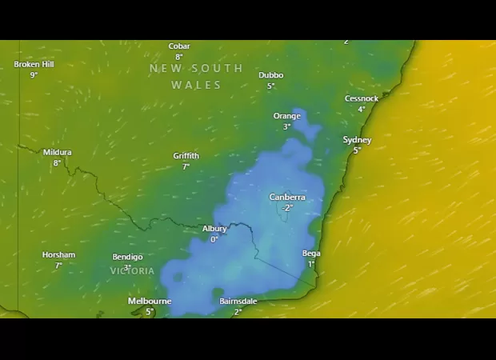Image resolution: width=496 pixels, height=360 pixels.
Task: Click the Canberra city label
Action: click(287, 197)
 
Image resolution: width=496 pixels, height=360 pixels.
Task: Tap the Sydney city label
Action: click(357, 140)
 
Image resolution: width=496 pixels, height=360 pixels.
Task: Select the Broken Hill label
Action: click(34, 64)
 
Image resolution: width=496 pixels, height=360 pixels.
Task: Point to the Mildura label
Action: click(57, 152)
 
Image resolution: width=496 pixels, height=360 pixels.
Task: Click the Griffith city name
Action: click(186, 156)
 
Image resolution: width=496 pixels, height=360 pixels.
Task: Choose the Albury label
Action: click(214, 229)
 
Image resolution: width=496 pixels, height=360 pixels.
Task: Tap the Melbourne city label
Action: click(150, 301)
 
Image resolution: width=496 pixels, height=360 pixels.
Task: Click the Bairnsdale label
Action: click(238, 302)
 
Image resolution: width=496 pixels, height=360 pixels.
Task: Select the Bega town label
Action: click(311, 254)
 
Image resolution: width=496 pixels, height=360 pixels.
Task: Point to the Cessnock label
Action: click(362, 98)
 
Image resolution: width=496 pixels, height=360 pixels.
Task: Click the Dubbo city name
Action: click(270, 75)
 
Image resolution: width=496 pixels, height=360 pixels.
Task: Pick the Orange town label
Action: click(287, 116)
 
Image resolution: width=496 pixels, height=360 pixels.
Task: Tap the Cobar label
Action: click(179, 46)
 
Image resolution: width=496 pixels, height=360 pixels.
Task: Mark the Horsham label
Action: click(58, 255)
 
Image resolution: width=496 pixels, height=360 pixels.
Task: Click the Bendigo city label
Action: click(127, 257)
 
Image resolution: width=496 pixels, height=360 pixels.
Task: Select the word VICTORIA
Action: click(132, 271)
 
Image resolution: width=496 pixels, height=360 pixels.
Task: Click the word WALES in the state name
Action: click(196, 85)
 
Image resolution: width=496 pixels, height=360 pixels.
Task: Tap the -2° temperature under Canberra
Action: click(286, 207)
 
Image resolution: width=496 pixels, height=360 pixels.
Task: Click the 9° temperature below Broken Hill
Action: click(34, 74)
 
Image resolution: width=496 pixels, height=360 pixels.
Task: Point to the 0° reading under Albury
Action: click(214, 239)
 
